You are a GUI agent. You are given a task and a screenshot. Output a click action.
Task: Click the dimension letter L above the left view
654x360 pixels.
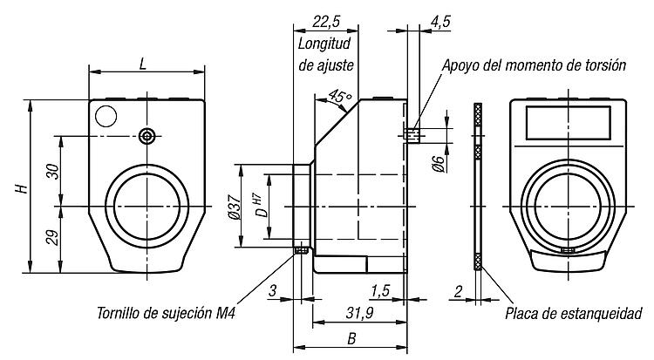tap(143, 64)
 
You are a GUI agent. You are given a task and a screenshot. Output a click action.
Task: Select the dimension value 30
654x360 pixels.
tap(53, 171)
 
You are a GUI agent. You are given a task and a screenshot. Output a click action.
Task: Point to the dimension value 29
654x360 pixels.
tap(53, 238)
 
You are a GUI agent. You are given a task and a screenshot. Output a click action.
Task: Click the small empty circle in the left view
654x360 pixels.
tap(106, 116)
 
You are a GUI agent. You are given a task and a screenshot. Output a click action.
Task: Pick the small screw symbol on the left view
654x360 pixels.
tap(146, 136)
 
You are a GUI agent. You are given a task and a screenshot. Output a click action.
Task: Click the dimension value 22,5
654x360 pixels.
tap(326, 21)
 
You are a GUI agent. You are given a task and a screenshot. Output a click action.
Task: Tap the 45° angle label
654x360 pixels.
tap(340, 97)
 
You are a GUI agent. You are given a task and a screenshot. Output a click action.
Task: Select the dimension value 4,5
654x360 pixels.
tap(440, 21)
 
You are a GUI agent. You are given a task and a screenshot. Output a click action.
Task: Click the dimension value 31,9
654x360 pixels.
tap(359, 312)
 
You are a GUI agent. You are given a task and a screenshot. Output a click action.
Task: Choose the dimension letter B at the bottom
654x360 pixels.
tap(351, 339)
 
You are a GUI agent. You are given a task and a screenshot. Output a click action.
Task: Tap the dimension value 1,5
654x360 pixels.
tap(380, 291)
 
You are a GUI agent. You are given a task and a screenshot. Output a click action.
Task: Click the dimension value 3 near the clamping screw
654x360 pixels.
tap(272, 291)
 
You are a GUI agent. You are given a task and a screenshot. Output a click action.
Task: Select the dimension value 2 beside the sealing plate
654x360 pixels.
tap(459, 291)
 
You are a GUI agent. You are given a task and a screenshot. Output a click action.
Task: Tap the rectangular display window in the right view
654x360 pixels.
tap(568, 123)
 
